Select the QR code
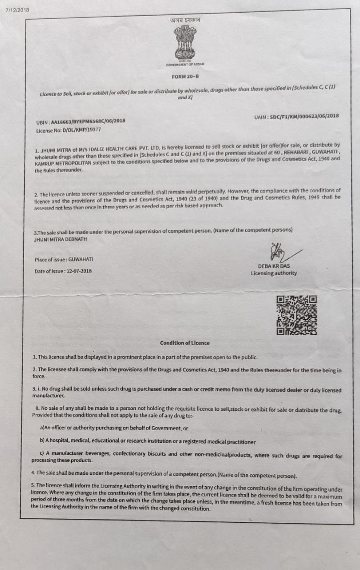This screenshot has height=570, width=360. click(297, 315)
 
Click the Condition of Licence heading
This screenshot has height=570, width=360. click(185, 343)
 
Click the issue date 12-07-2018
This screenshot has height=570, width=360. click(78, 271)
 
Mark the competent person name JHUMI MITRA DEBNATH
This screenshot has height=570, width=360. click(61, 239)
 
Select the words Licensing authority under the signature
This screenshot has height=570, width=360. click(274, 273)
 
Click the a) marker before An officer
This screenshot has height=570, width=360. click(43, 428)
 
